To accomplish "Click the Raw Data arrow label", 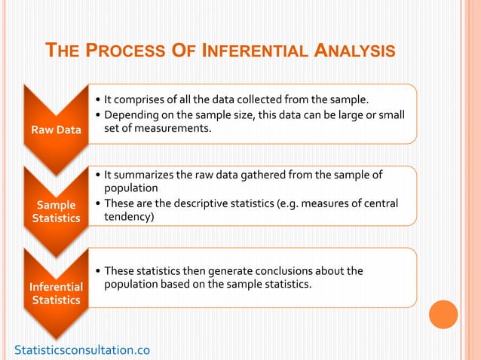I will (x=56, y=130).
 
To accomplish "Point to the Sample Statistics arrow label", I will (x=56, y=211).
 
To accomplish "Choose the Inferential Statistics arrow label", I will (x=56, y=293).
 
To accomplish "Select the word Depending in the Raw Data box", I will (x=130, y=114).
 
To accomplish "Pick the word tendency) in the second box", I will (x=128, y=217).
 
